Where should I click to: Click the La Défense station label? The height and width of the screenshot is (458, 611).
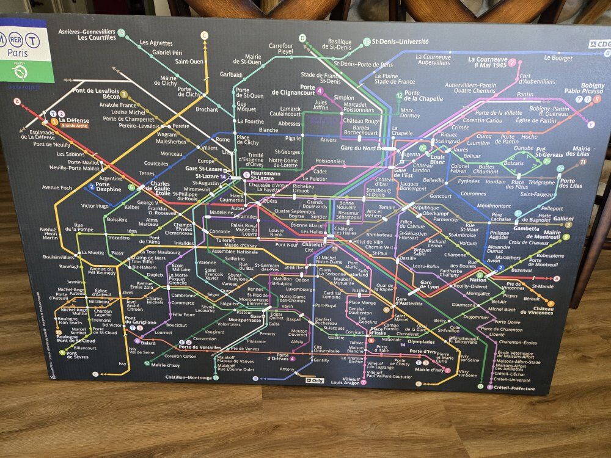75,120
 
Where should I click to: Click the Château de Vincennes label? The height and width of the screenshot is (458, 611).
538,309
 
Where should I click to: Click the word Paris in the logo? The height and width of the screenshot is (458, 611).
19,53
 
